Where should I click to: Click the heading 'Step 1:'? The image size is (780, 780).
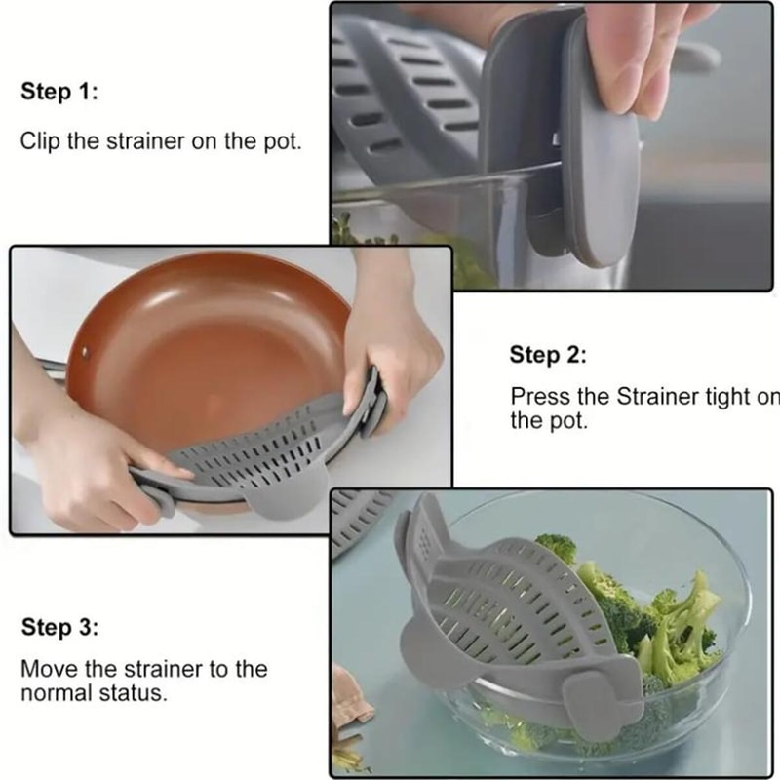pyautogui.click(x=59, y=93)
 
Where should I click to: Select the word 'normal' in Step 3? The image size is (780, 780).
pyautogui.click(x=53, y=694)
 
